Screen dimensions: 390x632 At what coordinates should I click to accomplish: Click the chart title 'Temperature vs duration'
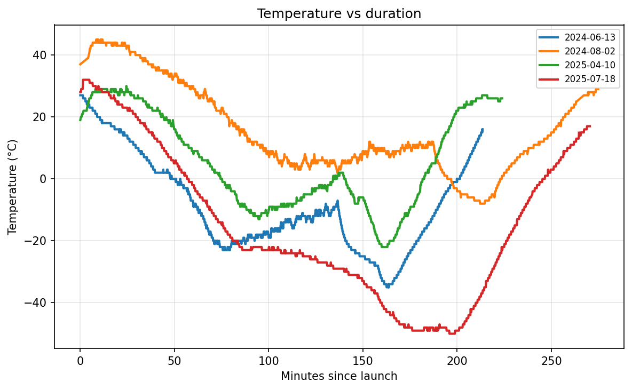[x=339, y=14]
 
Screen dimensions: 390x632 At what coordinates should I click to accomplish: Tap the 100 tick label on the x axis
[x=268, y=360]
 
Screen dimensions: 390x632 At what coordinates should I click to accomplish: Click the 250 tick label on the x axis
[x=551, y=360]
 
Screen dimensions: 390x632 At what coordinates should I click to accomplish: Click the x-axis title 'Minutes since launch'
[x=339, y=376]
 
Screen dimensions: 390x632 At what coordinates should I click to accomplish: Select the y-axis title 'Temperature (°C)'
[x=13, y=187]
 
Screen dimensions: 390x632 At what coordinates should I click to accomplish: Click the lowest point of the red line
[x=452, y=333]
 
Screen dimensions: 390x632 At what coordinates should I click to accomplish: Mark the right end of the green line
[x=502, y=98]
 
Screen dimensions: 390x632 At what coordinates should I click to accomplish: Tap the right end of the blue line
[x=483, y=129]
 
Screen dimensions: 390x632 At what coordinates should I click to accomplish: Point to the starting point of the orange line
[x=80, y=65]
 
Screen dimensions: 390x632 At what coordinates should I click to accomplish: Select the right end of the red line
[x=589, y=126]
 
